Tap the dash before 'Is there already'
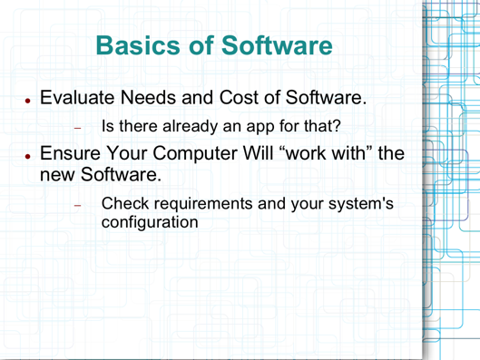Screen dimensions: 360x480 78,127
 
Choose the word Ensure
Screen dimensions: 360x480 76,155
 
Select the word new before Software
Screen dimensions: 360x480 63,173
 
